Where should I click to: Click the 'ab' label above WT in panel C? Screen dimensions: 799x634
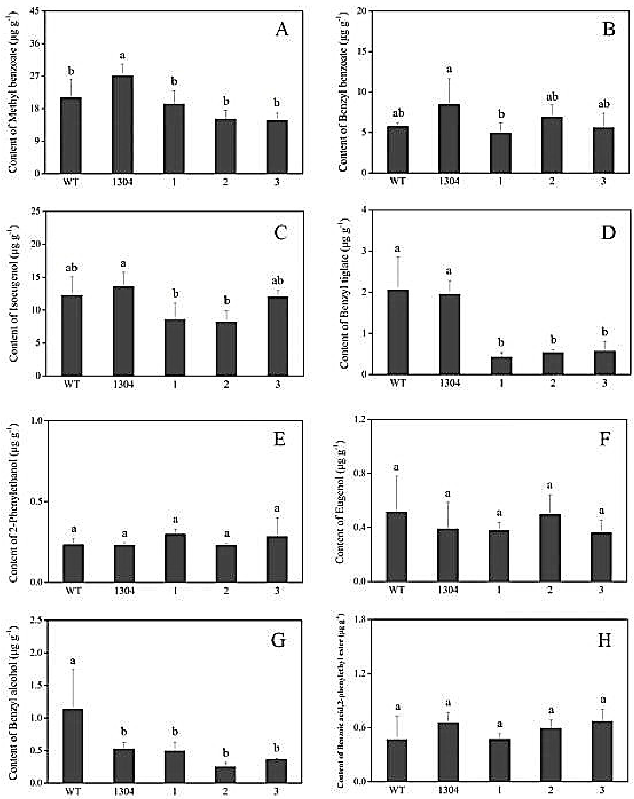72,268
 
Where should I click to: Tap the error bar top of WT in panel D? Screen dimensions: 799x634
398,257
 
